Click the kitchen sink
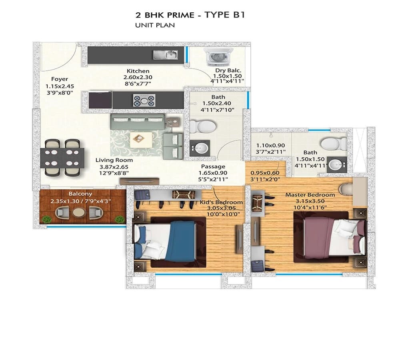(166, 55)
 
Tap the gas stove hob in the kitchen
(144, 100)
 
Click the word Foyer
(60, 79)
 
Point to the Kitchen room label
(138, 71)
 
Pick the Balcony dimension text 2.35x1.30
(65, 201)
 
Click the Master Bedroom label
(310, 195)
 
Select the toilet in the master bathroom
(334, 143)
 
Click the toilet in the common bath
(202, 127)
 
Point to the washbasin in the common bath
(200, 148)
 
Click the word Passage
(213, 166)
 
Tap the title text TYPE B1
(224, 15)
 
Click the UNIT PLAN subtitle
(155, 25)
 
